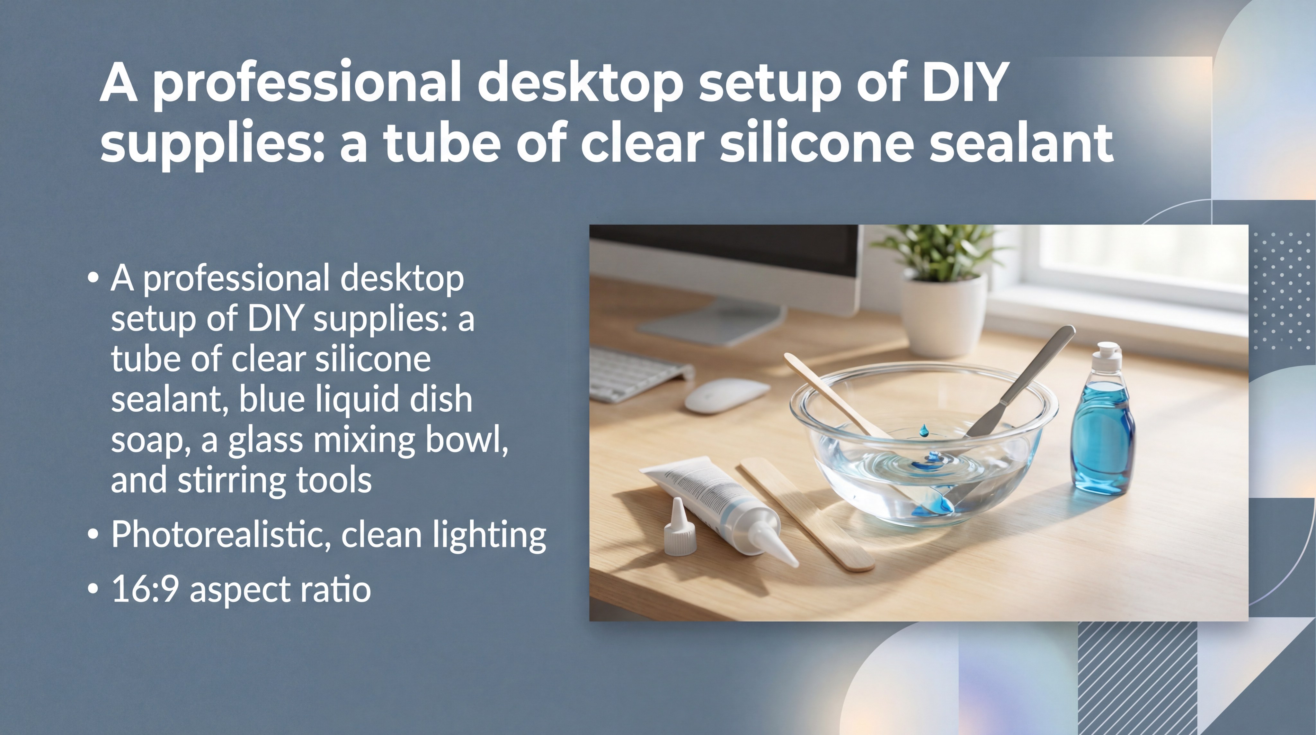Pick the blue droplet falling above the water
(924, 431)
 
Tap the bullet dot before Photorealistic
(93, 534)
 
